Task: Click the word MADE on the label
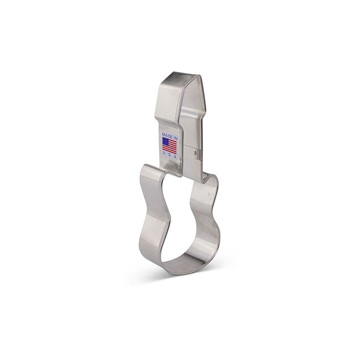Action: coord(167,135)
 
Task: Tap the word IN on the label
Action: coord(174,135)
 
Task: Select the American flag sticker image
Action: coord(169,145)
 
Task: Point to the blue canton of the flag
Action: coord(166,141)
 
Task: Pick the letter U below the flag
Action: coord(164,156)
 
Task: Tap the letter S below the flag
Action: coord(169,157)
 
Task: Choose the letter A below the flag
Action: coord(174,158)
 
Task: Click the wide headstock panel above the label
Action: coord(169,105)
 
